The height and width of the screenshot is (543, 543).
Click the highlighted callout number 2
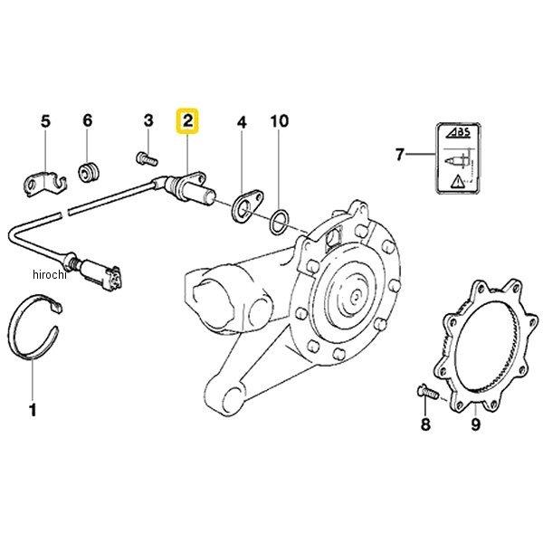coord(187,121)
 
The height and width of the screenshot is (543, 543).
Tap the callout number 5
coord(46,121)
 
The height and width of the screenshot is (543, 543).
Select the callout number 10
coord(280,121)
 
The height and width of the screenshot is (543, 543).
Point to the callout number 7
coord(400,154)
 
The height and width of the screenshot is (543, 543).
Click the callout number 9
coord(476,424)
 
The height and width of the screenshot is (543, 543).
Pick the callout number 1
coord(33,410)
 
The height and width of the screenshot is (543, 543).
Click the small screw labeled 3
coord(147,159)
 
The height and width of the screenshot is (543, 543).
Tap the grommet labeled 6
coord(89,172)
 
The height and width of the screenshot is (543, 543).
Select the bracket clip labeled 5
coord(44,184)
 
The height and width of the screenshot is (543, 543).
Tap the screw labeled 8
coord(427,392)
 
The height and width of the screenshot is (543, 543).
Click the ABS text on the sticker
coord(458,133)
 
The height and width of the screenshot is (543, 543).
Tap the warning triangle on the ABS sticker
coord(457,181)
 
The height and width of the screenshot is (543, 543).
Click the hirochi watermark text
coord(50,275)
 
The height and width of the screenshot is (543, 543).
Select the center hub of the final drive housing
coord(355,297)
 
